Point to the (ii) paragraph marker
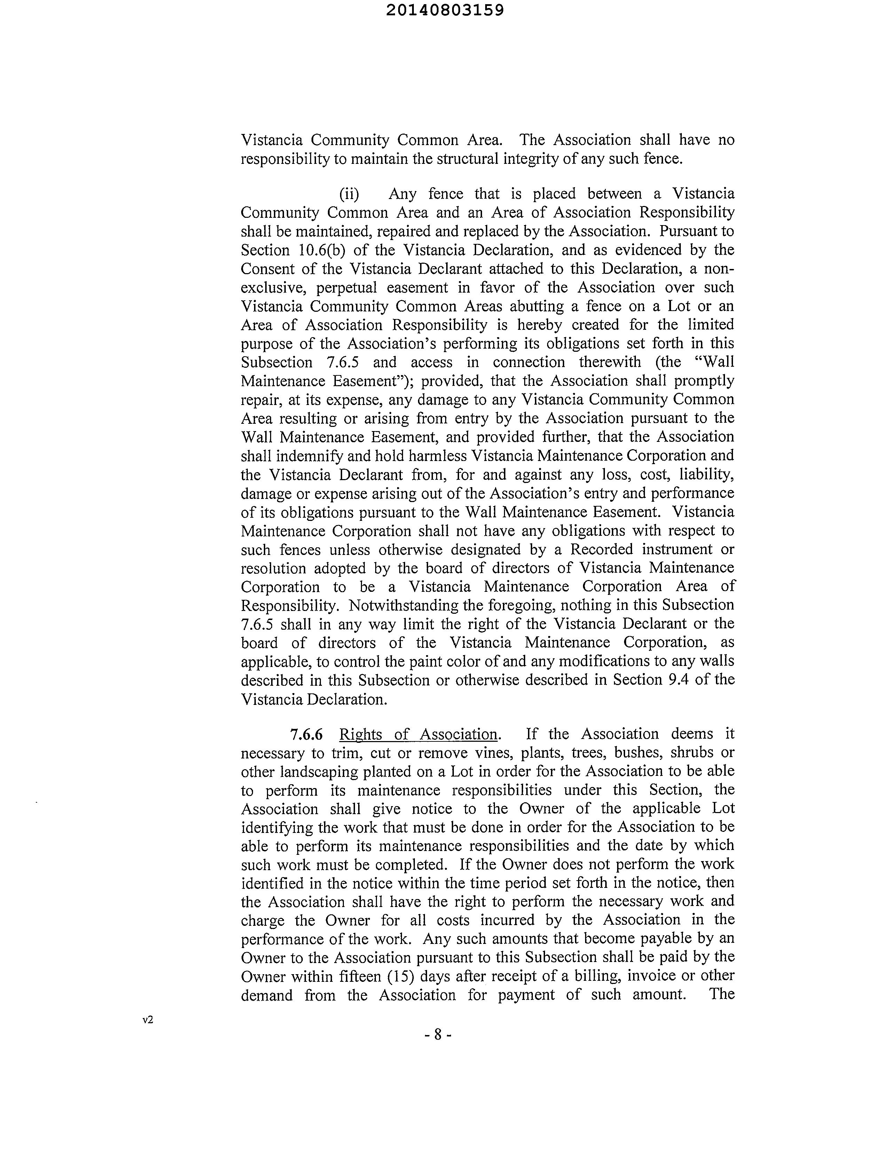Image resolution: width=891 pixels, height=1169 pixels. point(349,194)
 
